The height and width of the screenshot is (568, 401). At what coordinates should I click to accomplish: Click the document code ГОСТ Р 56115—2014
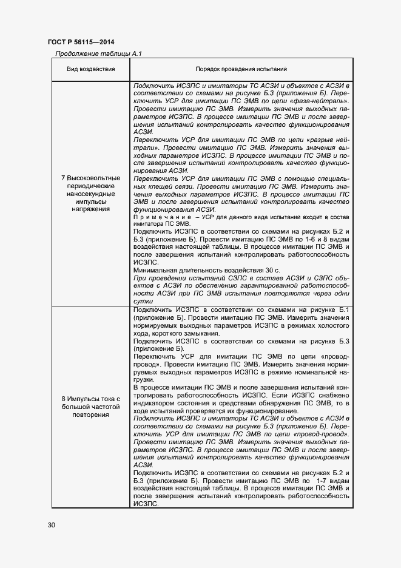(81, 42)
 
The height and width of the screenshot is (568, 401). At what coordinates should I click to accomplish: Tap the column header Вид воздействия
(90, 70)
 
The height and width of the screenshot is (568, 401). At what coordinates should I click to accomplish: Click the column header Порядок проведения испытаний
(241, 70)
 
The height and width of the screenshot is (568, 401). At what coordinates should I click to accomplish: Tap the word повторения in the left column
(90, 415)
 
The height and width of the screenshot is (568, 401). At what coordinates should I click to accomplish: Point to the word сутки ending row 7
(143, 301)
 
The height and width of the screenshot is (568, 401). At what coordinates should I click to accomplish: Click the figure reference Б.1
(344, 309)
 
